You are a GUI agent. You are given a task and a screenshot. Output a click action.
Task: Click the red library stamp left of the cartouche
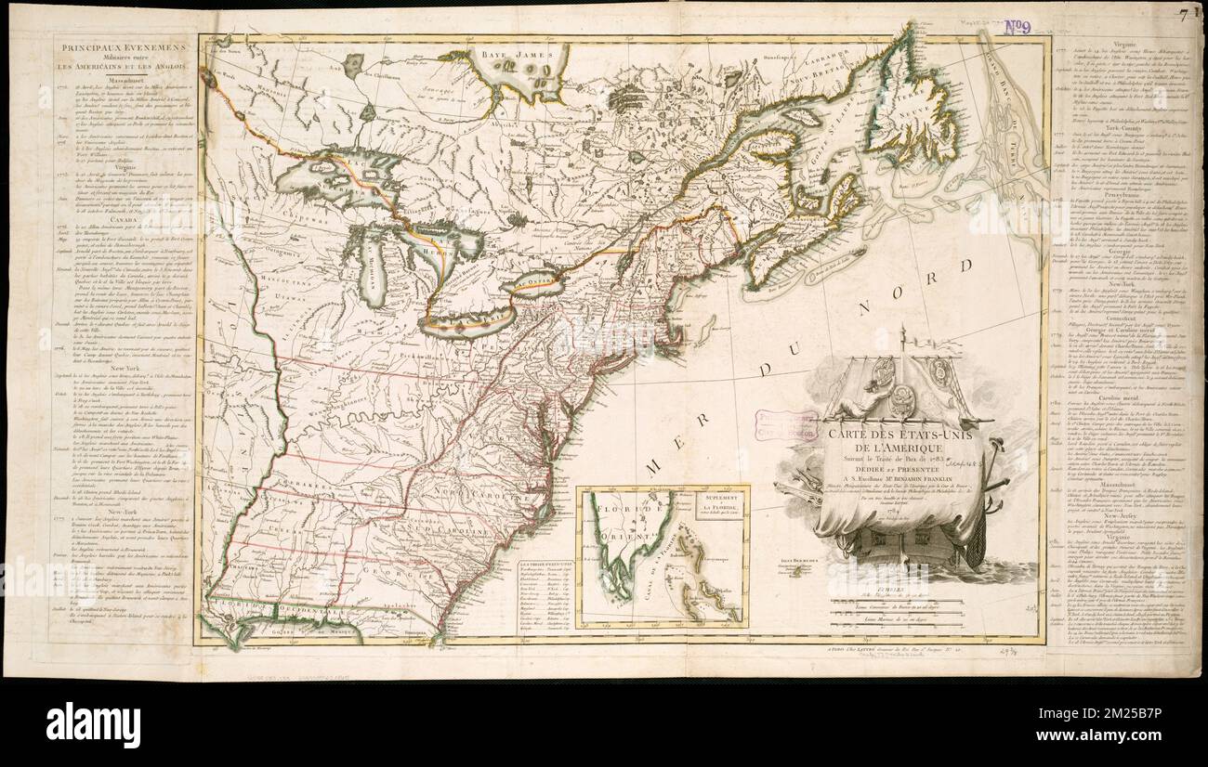click(785, 424)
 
